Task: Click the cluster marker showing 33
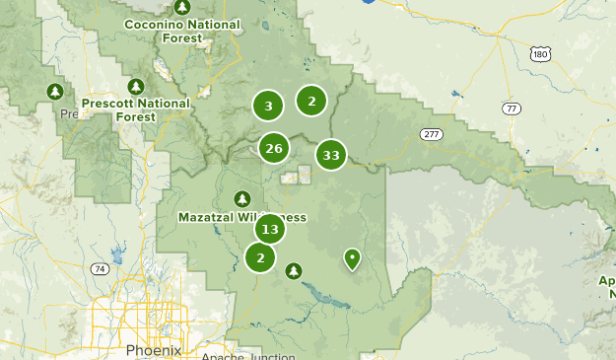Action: click(x=331, y=155)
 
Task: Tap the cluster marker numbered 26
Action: click(x=273, y=149)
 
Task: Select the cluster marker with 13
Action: click(x=269, y=230)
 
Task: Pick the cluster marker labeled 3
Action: click(x=268, y=106)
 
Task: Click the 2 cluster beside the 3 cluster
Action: click(x=311, y=101)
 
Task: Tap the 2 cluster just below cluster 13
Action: click(x=260, y=258)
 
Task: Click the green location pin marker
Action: click(x=351, y=258)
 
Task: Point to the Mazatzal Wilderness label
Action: click(x=242, y=217)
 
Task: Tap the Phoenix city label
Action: click(x=154, y=350)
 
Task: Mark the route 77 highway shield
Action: click(x=510, y=108)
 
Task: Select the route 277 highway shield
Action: click(x=429, y=133)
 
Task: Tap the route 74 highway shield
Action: click(x=99, y=268)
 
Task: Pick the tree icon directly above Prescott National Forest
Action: click(x=136, y=86)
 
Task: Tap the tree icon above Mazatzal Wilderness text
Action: click(x=242, y=197)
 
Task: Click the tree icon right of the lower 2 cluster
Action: click(x=293, y=270)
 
